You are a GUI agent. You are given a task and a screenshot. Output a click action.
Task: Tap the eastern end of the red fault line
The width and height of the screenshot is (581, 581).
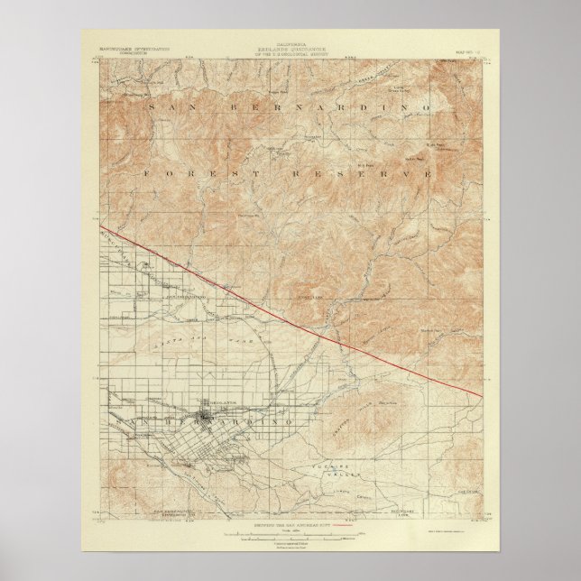[482, 394]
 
